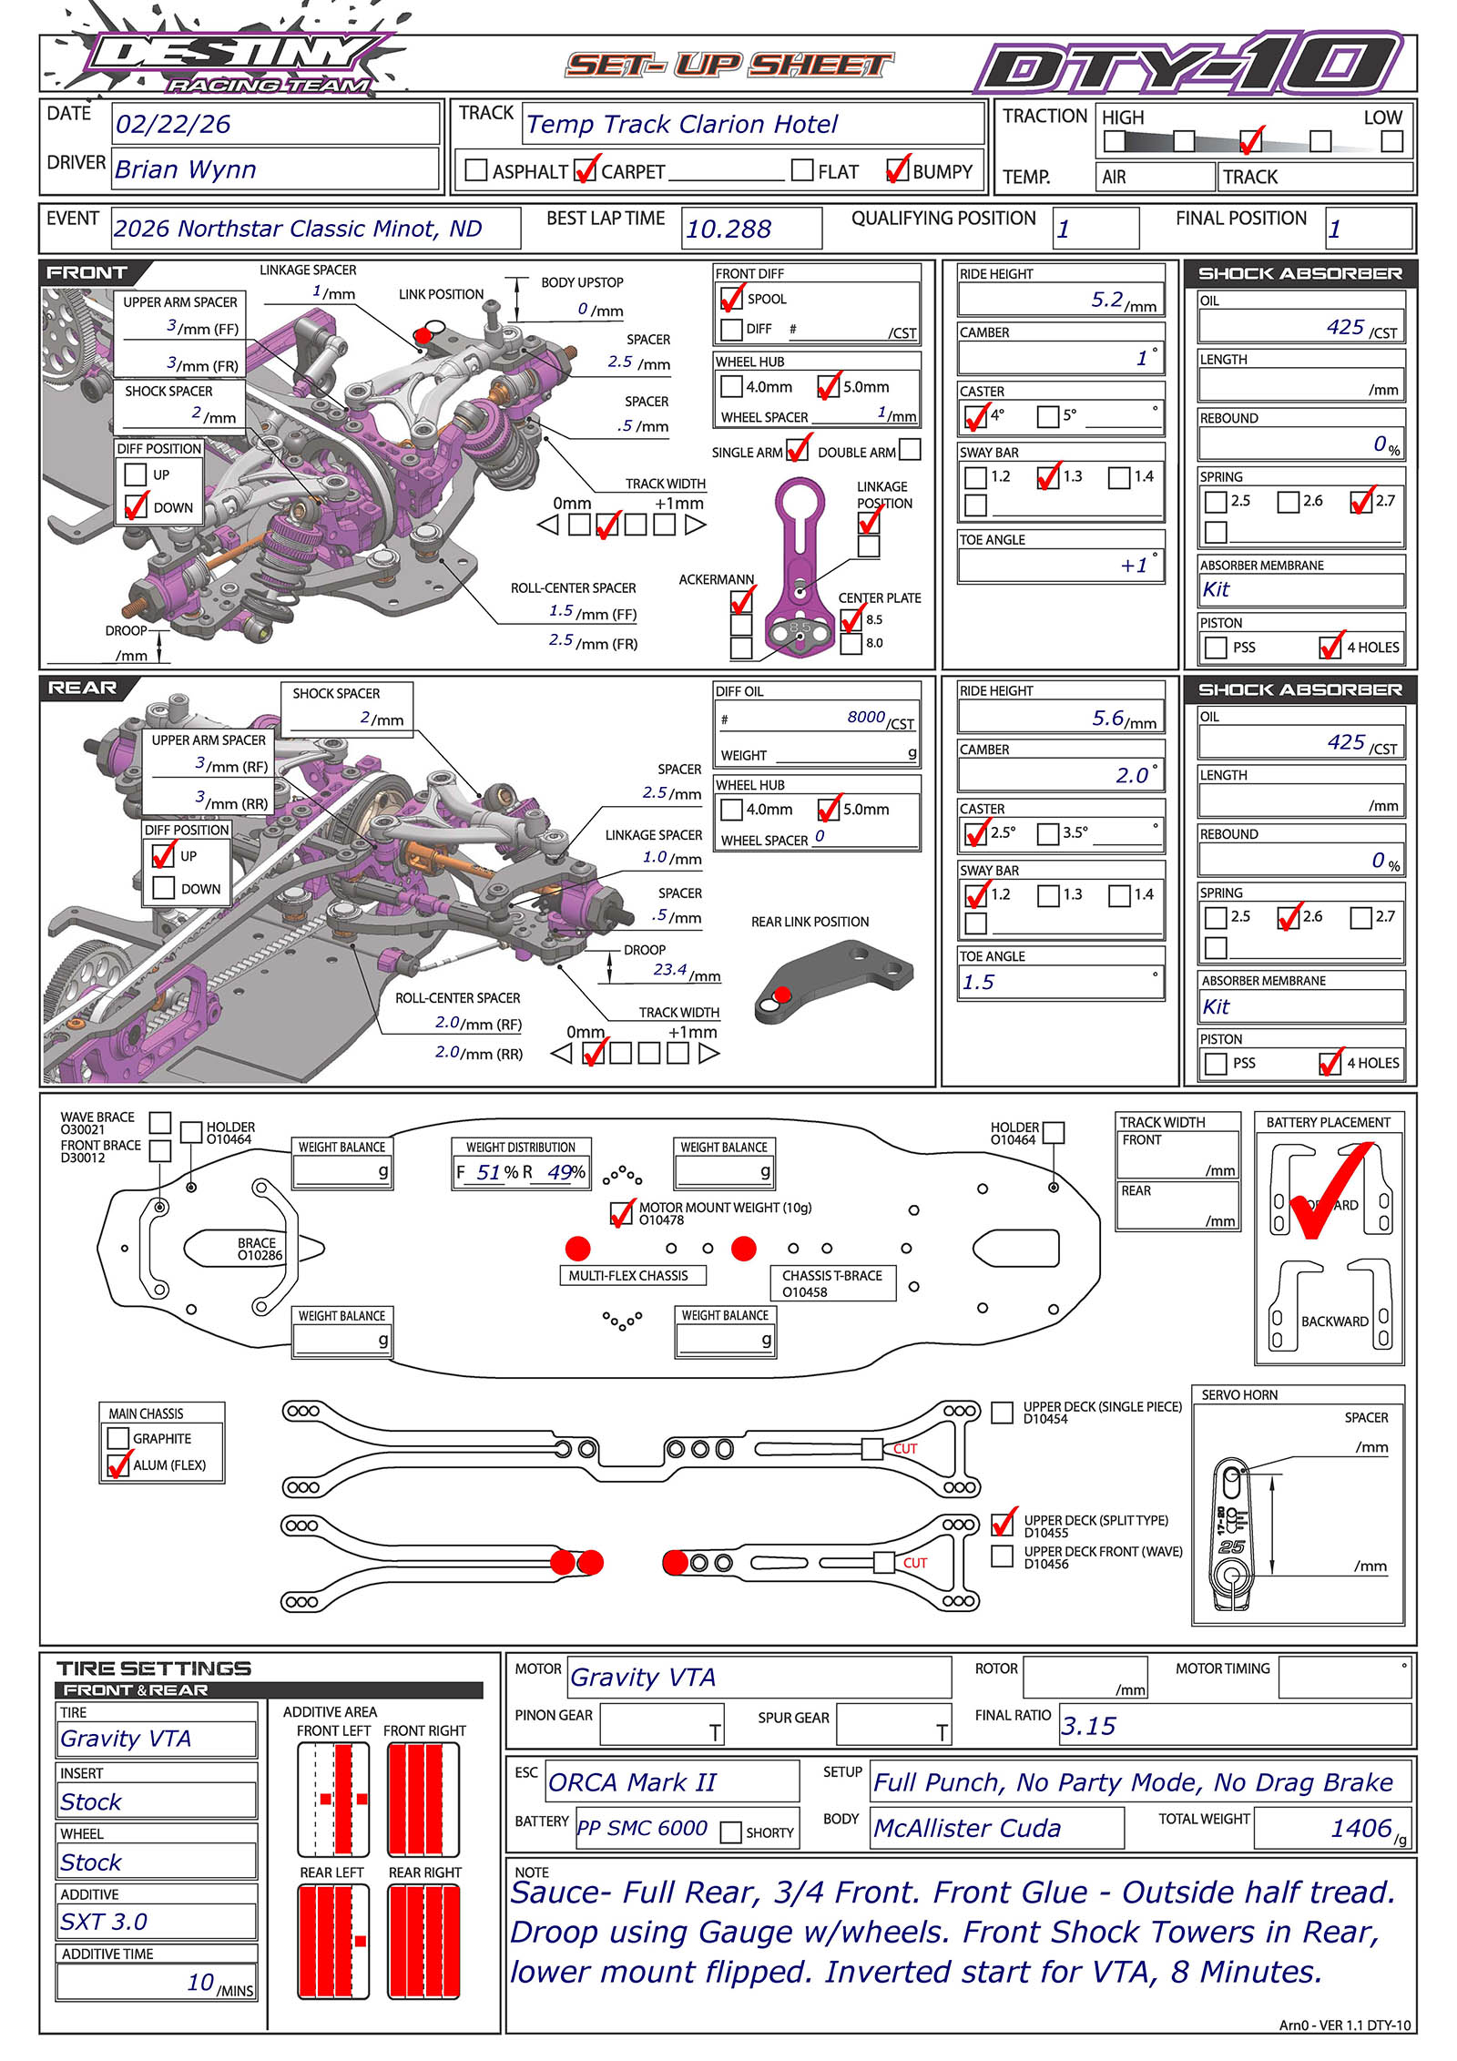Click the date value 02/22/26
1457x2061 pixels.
point(173,125)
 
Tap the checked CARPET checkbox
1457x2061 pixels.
point(586,170)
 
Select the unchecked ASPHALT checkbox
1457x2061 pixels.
point(475,170)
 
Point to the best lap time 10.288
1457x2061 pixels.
point(728,230)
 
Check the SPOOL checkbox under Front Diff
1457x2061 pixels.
point(731,299)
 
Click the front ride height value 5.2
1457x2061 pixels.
point(1107,300)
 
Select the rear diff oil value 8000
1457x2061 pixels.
point(865,718)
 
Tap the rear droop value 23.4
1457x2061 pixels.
point(669,970)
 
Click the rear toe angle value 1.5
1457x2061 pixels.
point(978,983)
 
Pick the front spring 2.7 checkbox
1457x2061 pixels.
point(1361,502)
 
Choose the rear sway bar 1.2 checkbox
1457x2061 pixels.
point(976,895)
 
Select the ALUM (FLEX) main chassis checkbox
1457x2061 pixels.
point(118,1465)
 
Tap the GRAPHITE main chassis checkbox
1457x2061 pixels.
point(118,1439)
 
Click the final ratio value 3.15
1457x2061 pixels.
point(1088,1727)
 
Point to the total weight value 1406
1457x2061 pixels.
point(1361,1829)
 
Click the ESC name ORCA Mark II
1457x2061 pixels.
point(632,1782)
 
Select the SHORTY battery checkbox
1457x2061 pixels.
point(730,1832)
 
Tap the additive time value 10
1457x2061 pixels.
point(200,1983)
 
